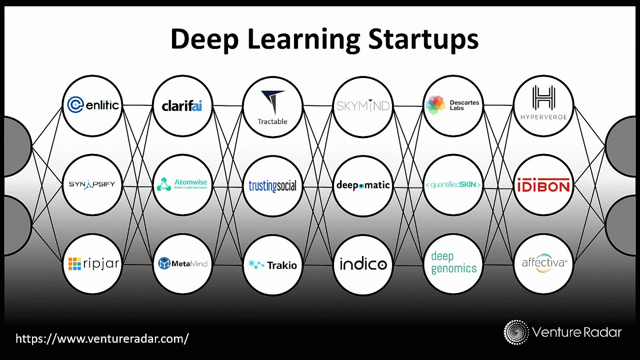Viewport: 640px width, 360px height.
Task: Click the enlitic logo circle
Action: click(93, 106)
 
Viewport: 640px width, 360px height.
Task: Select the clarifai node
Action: click(182, 106)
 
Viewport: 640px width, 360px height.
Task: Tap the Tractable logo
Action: click(273, 107)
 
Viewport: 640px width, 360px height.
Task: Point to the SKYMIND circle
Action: click(363, 106)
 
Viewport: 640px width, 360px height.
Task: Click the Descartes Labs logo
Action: click(453, 106)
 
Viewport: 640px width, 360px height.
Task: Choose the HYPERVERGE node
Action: click(543, 106)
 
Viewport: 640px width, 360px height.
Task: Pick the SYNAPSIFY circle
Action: click(92, 184)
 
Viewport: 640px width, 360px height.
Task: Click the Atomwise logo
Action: click(183, 184)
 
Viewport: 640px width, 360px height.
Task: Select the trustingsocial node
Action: click(273, 186)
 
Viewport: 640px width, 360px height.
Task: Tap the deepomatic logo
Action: click(363, 186)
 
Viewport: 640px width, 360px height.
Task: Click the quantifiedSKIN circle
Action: click(453, 185)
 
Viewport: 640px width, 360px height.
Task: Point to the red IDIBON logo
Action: click(543, 185)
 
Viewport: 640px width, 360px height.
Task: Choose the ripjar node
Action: click(93, 264)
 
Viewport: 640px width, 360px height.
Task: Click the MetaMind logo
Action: click(183, 264)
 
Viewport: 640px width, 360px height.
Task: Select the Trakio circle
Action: click(273, 265)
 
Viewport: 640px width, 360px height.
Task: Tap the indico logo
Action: click(363, 264)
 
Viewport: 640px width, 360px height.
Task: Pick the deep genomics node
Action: click(454, 263)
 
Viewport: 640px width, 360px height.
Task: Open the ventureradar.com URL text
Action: click(102, 339)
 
